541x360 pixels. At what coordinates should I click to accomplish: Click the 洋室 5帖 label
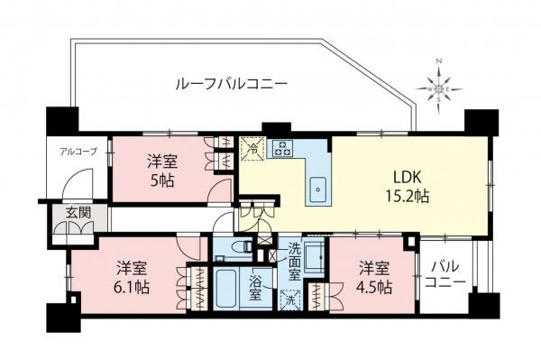pos(162,171)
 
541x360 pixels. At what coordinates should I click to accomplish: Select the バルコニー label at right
pos(446,274)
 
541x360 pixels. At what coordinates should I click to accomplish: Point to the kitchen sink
pos(318,188)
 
